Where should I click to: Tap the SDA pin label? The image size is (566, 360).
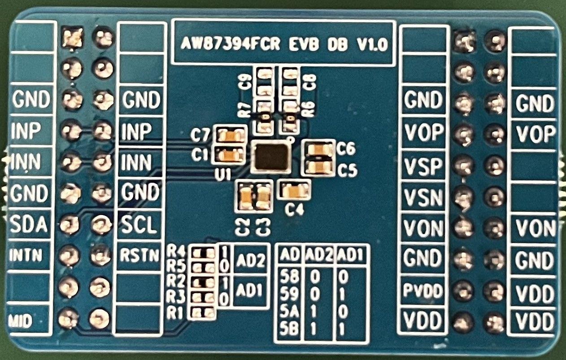pos(30,225)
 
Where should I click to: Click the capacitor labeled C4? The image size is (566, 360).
pos(294,191)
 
